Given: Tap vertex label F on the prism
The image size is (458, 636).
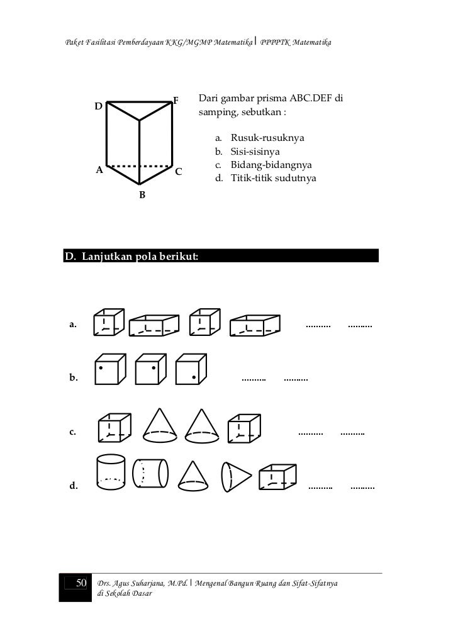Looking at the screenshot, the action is (177, 101).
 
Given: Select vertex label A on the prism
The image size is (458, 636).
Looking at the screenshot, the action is (99, 170).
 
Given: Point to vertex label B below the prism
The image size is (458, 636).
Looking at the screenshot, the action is (142, 195).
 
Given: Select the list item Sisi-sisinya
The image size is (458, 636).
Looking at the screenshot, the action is (255, 151).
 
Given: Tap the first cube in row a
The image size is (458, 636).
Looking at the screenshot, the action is (108, 322).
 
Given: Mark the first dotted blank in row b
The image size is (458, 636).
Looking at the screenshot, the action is (254, 379).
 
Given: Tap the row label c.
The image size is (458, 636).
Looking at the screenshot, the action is (73, 433).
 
